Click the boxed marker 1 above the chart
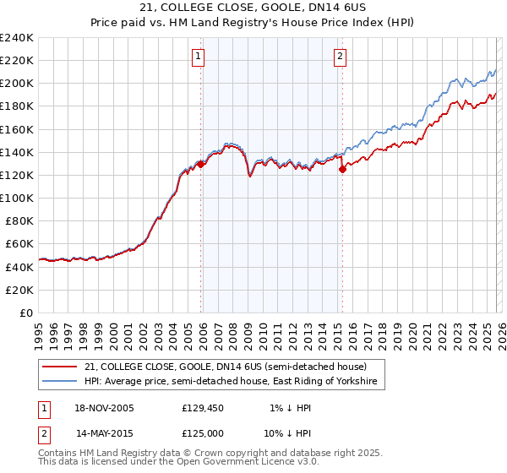click(x=198, y=57)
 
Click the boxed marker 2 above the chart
click(x=340, y=57)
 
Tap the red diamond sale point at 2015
click(x=342, y=169)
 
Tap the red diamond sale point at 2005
click(x=200, y=164)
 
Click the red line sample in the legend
click(x=59, y=367)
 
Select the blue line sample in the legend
click(x=59, y=383)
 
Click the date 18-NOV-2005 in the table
click(x=104, y=409)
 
